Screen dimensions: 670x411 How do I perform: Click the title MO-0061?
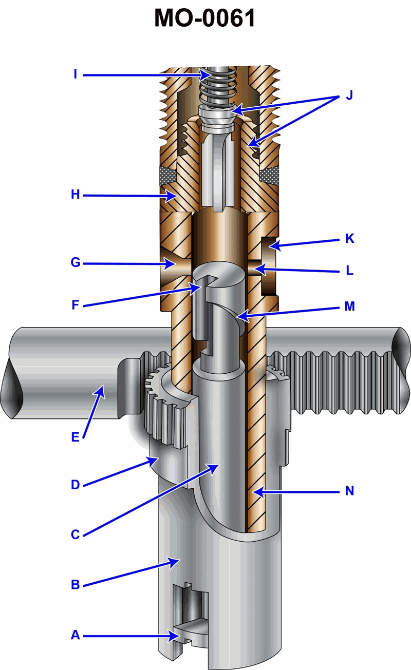pos(205,20)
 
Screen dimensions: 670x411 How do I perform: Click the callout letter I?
pos(75,75)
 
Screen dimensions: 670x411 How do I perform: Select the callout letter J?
pos(349,96)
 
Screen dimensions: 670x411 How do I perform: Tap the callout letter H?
pos(75,195)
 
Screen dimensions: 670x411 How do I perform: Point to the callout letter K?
pos(349,239)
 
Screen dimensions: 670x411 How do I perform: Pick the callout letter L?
pos(349,270)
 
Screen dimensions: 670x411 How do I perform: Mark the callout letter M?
pos(349,307)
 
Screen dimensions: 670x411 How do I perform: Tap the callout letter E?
pos(75,437)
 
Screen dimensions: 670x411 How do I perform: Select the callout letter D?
pos(75,485)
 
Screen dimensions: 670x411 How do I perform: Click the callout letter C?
pos(75,534)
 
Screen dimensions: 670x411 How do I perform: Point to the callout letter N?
pos(349,491)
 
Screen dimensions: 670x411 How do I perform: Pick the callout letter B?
pos(75,585)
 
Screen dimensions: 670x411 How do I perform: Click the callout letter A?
pos(75,636)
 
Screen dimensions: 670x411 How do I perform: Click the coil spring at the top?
pos(216,87)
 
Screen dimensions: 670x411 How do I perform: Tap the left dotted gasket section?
pos(168,176)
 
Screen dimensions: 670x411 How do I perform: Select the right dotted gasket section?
pos(269,176)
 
